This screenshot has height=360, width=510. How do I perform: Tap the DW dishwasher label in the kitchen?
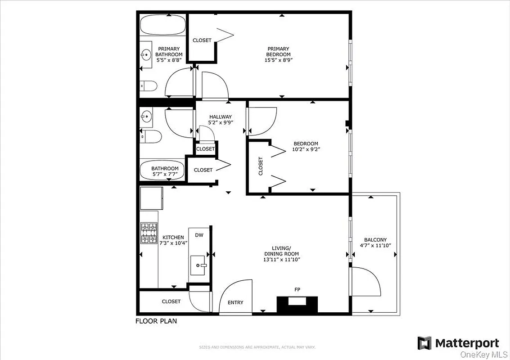coord(199,235)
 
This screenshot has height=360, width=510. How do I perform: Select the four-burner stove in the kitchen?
coord(149,233)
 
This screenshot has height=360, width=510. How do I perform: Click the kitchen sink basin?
coord(198,265)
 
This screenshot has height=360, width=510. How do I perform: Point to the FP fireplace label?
coord(297,290)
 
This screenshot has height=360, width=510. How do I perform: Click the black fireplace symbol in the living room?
coord(297,304)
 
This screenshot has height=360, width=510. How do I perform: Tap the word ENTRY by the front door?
coord(235,302)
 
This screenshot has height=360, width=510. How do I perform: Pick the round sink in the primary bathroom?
coord(145,55)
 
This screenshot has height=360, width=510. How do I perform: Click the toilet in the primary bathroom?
coord(147,85)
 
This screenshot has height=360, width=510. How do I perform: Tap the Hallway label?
coord(220,117)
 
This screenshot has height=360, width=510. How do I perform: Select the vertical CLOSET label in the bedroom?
coord(261,166)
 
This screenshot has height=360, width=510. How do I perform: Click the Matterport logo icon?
coord(424,343)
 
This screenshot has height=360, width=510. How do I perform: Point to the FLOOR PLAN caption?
coord(156,321)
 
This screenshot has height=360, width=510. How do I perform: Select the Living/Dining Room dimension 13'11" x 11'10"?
coord(281,259)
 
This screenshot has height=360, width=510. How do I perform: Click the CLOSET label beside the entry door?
coord(171,301)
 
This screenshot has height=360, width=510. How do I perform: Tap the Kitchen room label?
coord(173,237)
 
